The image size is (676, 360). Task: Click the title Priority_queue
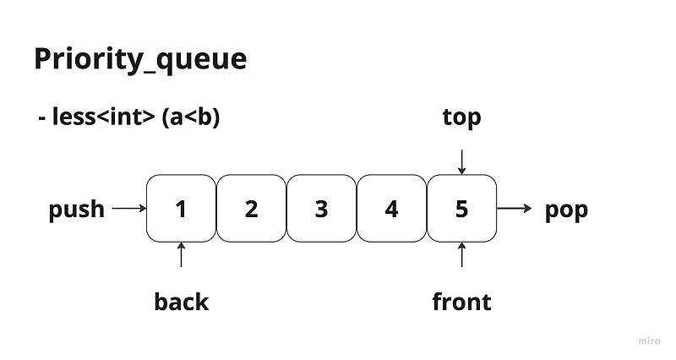[x=140, y=60]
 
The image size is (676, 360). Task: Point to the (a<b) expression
[x=190, y=117]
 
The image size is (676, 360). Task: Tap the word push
[x=77, y=209]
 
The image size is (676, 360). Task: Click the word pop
[x=566, y=209]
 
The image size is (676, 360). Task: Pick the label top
[x=461, y=117]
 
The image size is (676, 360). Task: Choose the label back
[x=181, y=301]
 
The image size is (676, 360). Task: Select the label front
[x=461, y=301]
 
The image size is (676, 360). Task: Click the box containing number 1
[x=181, y=208]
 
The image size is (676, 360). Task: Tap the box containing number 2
[x=251, y=208]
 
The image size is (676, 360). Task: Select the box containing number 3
[x=321, y=208]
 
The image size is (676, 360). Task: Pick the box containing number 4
[x=391, y=208]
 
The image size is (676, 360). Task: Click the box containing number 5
[x=461, y=208]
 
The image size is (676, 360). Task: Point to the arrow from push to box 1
[x=129, y=208]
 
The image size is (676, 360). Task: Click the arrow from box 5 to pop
[x=515, y=208]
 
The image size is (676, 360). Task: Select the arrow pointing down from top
[x=461, y=161]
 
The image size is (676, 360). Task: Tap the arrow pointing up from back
[x=181, y=254]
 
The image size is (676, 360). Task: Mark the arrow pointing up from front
[x=461, y=254]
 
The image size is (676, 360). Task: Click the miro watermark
[x=648, y=341]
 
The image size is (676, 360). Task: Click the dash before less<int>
[x=41, y=119]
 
